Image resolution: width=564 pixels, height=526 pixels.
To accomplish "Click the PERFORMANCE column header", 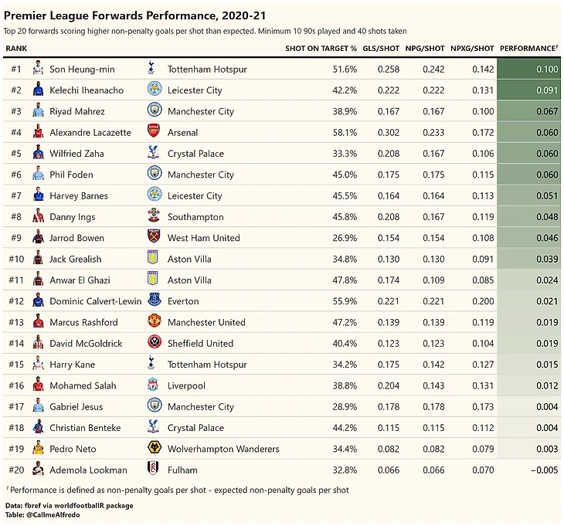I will point(528,49).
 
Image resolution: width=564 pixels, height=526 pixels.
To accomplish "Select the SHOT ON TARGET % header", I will point(321,49).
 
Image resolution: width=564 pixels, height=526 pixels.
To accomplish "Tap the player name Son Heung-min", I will point(82,70).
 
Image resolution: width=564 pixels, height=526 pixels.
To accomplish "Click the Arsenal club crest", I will point(153,132).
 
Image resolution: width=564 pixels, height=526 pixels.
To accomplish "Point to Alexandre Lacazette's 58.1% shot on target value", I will point(345,133).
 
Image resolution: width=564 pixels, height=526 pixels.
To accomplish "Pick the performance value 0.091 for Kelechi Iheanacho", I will point(545,90).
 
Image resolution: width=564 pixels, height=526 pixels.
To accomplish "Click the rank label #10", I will point(16,259).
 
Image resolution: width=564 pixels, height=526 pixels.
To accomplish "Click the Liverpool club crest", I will point(153,385).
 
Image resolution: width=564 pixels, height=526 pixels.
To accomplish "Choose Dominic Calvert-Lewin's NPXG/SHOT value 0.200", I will point(482,301).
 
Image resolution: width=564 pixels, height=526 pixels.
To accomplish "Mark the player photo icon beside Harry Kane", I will point(39,364).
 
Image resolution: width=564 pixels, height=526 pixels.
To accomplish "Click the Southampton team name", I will point(195,217).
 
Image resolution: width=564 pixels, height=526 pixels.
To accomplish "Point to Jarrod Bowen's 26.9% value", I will point(345,238).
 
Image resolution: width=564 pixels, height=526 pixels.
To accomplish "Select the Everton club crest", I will point(153,300).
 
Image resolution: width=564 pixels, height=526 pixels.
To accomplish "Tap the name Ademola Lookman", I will point(88,470).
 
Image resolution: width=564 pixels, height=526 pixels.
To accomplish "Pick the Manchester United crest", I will point(153,321).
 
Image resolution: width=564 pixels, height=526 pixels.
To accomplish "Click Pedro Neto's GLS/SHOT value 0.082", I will point(389,449).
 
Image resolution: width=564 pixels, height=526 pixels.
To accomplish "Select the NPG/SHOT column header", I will point(424,49).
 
